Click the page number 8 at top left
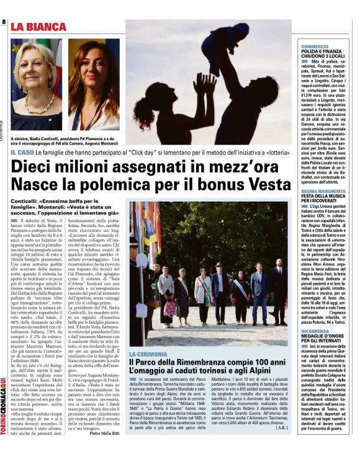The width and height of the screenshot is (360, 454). tap(5, 23)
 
